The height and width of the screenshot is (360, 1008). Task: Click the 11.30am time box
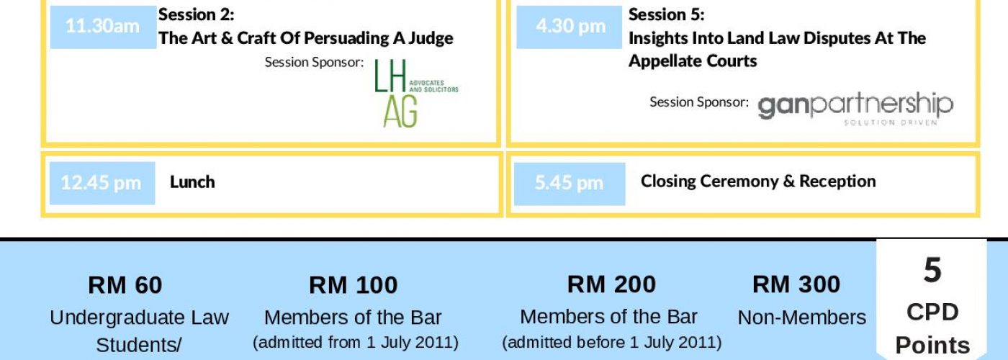point(104,27)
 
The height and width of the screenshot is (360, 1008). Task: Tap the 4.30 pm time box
point(570,27)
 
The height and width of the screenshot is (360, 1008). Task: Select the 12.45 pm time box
point(102,183)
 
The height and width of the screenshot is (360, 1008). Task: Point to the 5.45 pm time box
point(570,184)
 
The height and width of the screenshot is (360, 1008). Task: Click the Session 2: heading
point(196,15)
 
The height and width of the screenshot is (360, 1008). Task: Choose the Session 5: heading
point(667,15)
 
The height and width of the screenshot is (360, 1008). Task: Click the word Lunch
point(192,182)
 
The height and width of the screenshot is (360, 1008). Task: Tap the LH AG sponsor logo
point(416,93)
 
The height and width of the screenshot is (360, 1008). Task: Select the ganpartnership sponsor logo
point(855,108)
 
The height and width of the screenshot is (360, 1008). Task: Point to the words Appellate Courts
point(693,61)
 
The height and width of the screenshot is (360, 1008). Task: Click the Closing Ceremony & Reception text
point(758,181)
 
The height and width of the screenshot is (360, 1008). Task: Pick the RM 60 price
point(125,285)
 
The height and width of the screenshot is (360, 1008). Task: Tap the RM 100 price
point(354,285)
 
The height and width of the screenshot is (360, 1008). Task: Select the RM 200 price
point(611,284)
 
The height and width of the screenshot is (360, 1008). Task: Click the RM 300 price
point(796,284)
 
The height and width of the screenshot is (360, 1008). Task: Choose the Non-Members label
point(802,318)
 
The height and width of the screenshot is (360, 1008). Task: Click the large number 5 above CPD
point(932,270)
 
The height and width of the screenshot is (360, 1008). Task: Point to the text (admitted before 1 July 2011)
point(611,343)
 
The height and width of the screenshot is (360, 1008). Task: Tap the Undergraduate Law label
point(139,318)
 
